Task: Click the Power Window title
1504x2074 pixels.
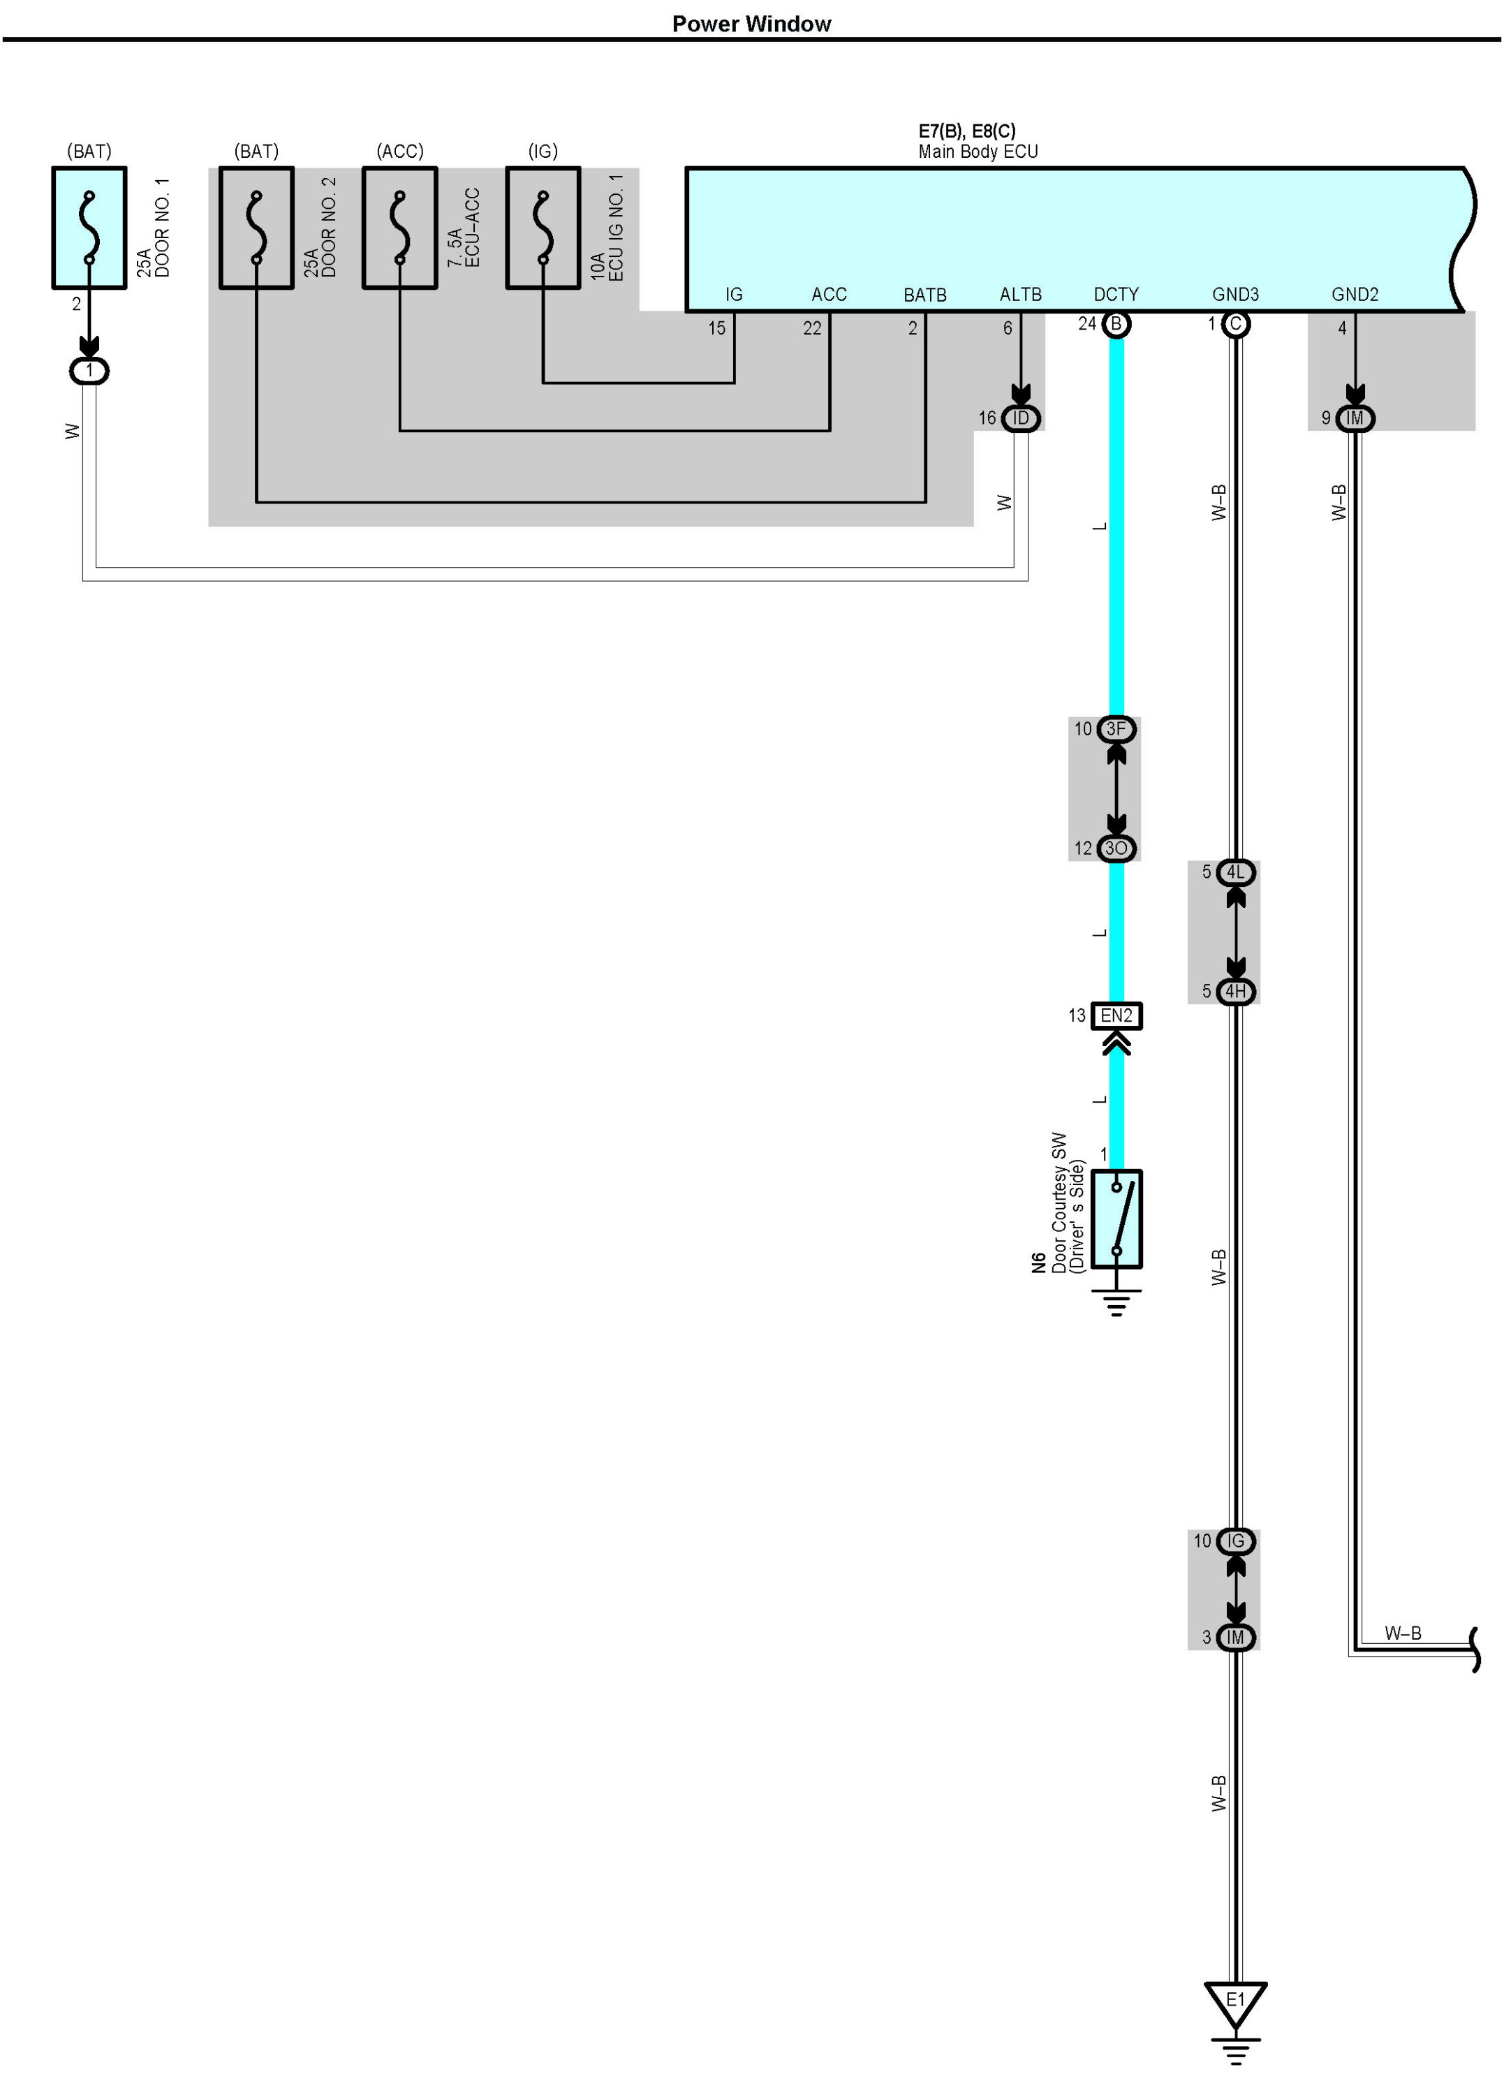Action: tap(751, 24)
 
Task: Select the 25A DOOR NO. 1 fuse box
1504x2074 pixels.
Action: tap(89, 228)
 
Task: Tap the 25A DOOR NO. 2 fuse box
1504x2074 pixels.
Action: tap(256, 228)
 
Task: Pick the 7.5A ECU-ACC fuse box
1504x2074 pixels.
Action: tap(399, 228)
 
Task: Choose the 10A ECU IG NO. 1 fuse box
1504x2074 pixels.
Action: tap(543, 228)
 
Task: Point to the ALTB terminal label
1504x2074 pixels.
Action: tap(1020, 295)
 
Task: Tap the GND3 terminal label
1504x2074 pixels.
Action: tap(1235, 295)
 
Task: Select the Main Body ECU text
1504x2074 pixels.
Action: tap(978, 152)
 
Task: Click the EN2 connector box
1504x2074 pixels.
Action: tap(1116, 1015)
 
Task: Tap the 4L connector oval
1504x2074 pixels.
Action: tap(1235, 872)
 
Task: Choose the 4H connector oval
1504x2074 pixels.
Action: tap(1235, 992)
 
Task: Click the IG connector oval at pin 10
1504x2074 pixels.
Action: tap(1235, 1541)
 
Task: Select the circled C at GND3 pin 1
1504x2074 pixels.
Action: tap(1235, 324)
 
